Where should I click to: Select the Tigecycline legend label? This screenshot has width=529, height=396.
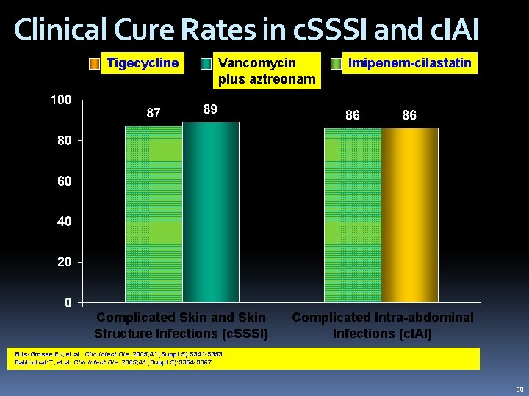pos(143,63)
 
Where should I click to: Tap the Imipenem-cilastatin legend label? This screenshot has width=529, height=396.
pos(410,63)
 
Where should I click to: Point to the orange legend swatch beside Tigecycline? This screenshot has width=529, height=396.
pos(94,64)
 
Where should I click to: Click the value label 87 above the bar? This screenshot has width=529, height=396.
pos(154,114)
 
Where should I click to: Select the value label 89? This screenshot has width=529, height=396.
pos(210,109)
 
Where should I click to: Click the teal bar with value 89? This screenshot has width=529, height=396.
pos(211,212)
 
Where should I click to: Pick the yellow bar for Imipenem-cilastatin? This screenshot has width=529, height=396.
pos(409,215)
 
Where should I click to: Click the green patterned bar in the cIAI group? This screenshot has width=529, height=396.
pos(353,215)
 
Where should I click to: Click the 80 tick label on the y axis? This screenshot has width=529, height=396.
pos(65,140)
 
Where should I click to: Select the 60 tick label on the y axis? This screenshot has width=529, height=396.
pos(65,180)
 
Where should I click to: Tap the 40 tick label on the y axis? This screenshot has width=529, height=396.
pos(65,221)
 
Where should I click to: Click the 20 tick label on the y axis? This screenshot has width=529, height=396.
pos(65,262)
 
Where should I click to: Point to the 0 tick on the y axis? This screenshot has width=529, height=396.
pos(68,302)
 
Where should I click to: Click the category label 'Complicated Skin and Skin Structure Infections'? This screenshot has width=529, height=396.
pos(181,326)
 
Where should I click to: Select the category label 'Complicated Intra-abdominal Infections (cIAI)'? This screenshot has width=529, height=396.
pos(383,326)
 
